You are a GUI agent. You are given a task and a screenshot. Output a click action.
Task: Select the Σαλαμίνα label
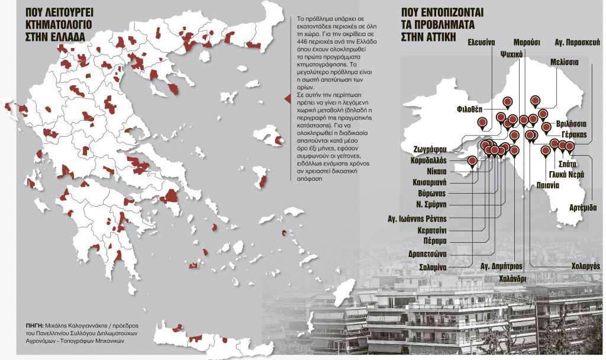pyautogui.click(x=447, y=268)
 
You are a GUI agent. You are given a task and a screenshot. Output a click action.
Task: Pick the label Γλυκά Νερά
pyautogui.click(x=566, y=174)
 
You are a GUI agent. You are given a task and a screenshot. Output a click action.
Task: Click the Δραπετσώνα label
pyautogui.click(x=444, y=254)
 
